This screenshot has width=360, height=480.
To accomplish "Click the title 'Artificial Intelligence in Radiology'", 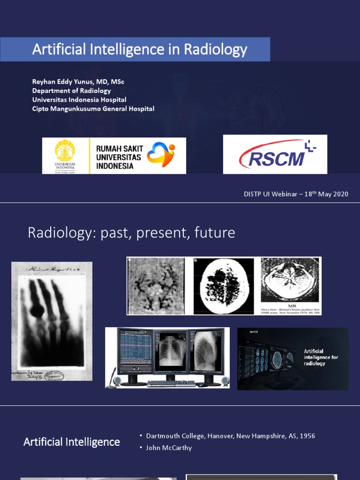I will coord(139,50).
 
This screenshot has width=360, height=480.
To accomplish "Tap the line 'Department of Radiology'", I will coord(71,91).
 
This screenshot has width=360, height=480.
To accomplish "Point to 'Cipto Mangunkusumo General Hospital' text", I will coord(93,109).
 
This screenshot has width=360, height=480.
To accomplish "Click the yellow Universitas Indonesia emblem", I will coord(65,151).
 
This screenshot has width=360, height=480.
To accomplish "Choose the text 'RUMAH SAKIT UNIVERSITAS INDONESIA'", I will coord(119,157).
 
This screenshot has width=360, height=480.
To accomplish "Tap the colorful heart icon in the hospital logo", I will coord(160,155).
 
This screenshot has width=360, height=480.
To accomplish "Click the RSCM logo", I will coord(275,154).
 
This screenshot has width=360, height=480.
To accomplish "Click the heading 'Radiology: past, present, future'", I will coord(131,233).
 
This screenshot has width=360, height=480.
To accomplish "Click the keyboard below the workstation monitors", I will coord(171,383).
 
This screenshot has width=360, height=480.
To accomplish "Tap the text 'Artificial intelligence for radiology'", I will coord(321,357).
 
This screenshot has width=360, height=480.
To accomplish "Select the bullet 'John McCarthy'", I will coord(169,448).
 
